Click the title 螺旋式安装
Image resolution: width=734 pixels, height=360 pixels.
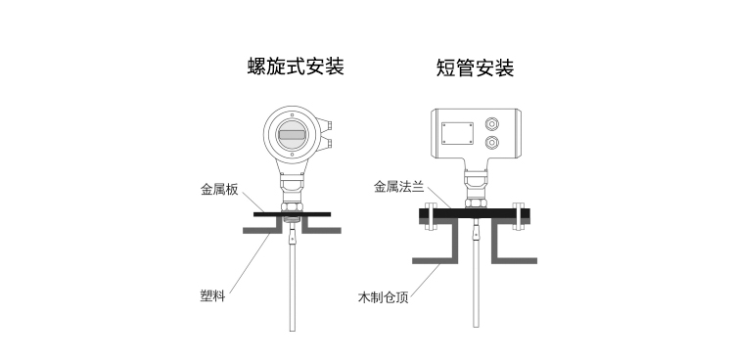(x=296, y=67)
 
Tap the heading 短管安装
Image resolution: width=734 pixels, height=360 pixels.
(x=475, y=67)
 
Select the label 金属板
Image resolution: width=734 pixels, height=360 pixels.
(x=219, y=190)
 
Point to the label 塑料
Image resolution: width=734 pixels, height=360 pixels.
(x=212, y=295)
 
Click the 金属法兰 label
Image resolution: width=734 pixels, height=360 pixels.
(x=399, y=187)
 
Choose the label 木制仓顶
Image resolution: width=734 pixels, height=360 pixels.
(x=383, y=297)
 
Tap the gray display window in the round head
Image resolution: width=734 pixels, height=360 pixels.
(x=292, y=135)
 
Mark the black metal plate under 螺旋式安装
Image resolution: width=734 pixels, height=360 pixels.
(x=292, y=214)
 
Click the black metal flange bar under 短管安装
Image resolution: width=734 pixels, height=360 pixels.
(x=475, y=214)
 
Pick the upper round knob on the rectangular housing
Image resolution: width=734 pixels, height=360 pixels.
(x=491, y=124)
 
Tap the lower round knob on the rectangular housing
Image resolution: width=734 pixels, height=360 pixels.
(x=491, y=142)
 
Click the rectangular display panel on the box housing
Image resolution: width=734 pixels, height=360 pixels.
(x=457, y=133)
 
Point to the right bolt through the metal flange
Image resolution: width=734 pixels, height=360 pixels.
(x=519, y=216)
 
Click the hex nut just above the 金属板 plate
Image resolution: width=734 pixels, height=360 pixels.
(x=292, y=207)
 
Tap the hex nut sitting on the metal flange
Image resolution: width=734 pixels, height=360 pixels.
(x=476, y=203)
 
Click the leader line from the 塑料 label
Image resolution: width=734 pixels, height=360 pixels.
(x=250, y=263)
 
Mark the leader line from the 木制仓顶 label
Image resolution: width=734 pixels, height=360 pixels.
(x=425, y=280)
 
